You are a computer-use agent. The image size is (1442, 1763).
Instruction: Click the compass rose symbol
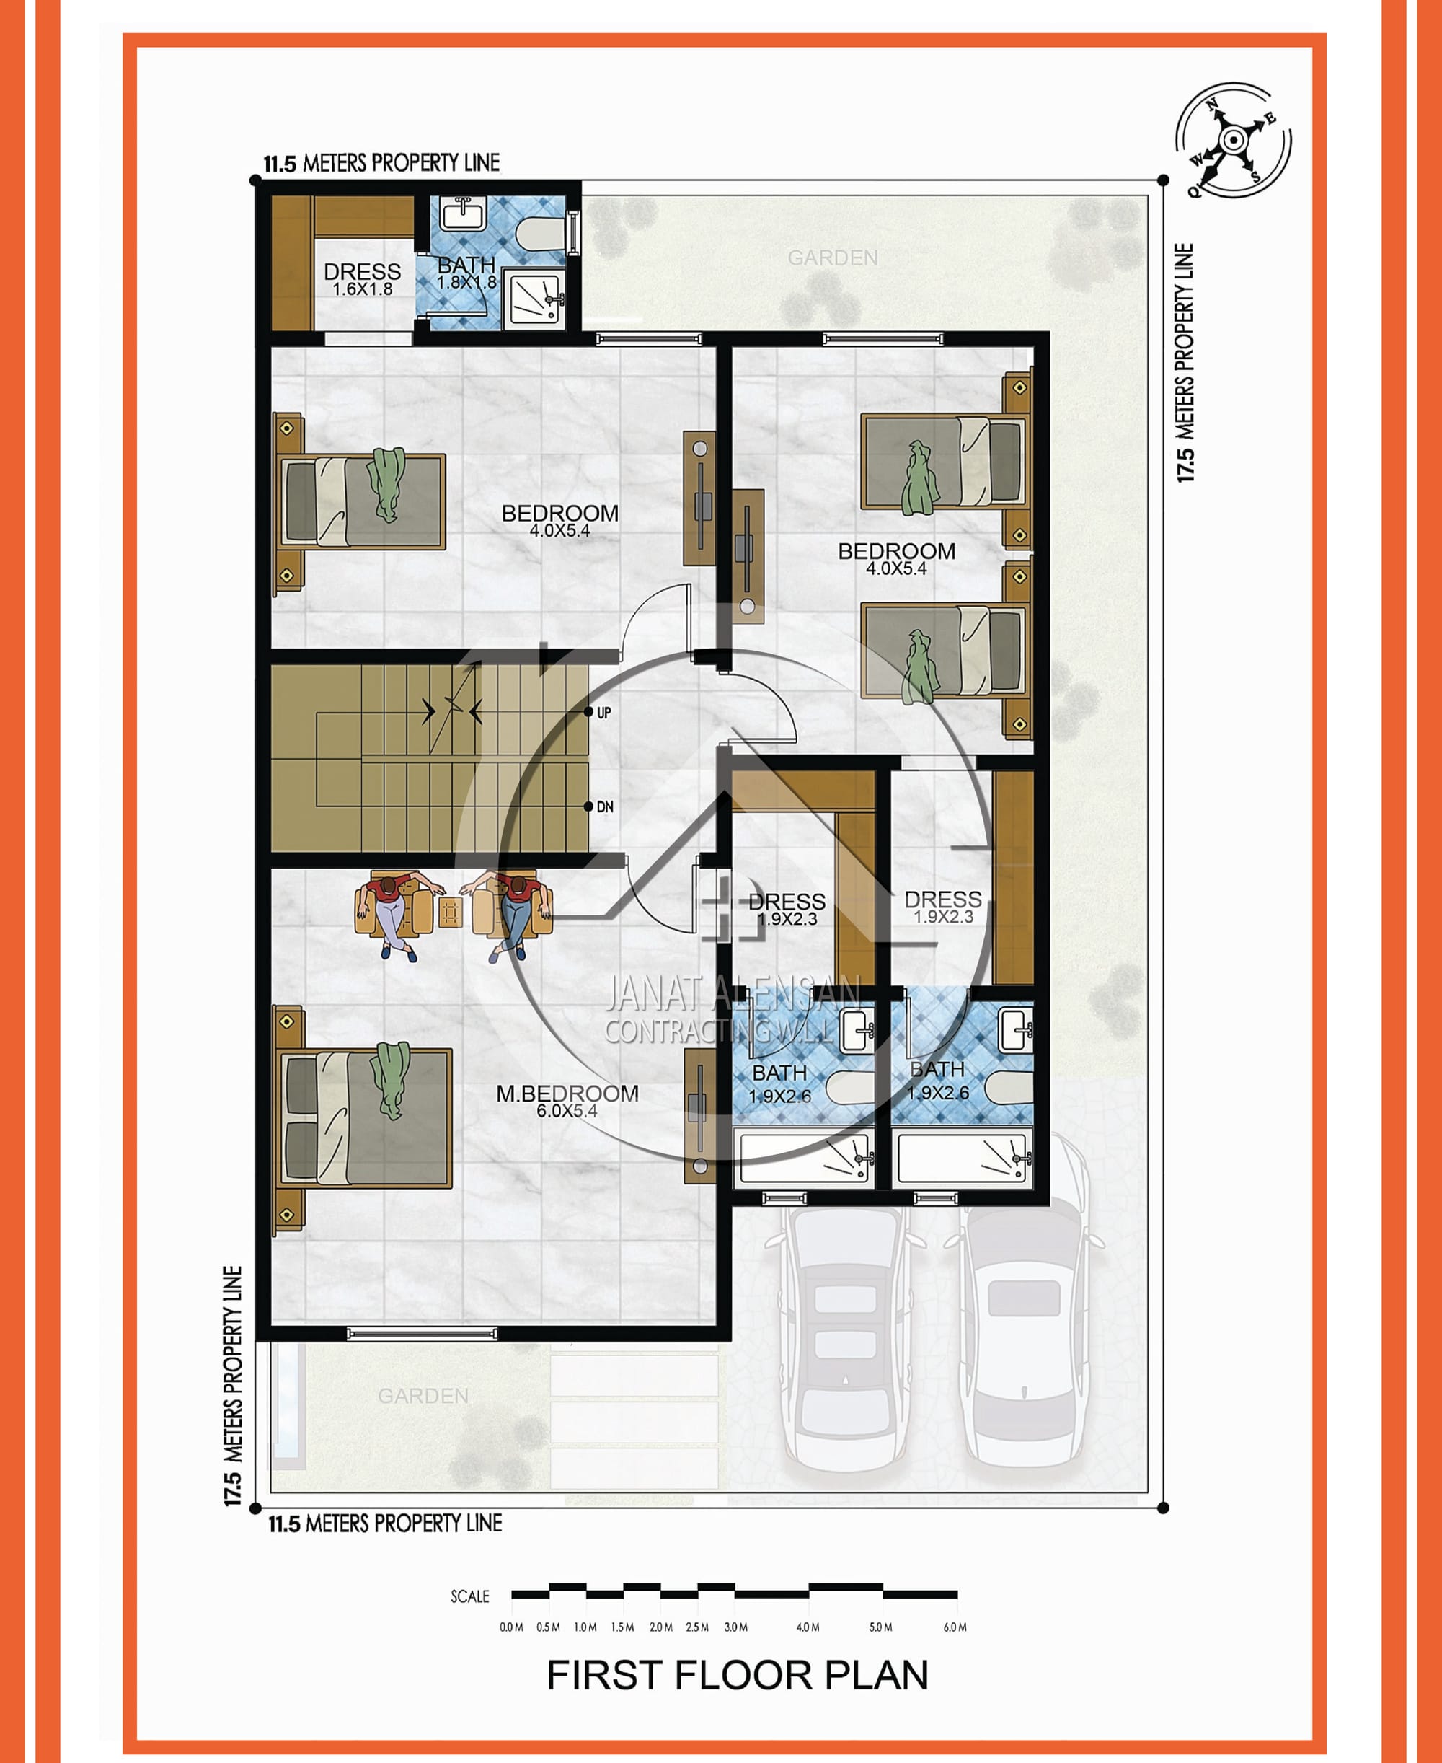[x=1233, y=141]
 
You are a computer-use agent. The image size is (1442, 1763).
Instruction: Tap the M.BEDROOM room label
[x=567, y=1094]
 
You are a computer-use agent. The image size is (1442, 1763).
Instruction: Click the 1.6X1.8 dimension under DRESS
[x=362, y=289]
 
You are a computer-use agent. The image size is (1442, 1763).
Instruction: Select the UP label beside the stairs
[x=604, y=712]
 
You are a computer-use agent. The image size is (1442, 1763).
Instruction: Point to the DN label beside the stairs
[x=605, y=806]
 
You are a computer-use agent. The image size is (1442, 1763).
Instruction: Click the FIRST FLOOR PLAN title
[x=738, y=1675]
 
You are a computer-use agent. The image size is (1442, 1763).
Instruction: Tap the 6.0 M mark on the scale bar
[x=955, y=1627]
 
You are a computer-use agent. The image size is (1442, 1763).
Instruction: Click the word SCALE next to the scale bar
[x=470, y=1596]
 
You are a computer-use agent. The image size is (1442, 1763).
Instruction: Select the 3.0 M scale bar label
[x=736, y=1627]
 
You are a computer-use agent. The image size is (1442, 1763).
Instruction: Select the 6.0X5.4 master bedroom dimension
[x=567, y=1111]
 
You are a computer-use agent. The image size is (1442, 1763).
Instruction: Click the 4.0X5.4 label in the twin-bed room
[x=896, y=569]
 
